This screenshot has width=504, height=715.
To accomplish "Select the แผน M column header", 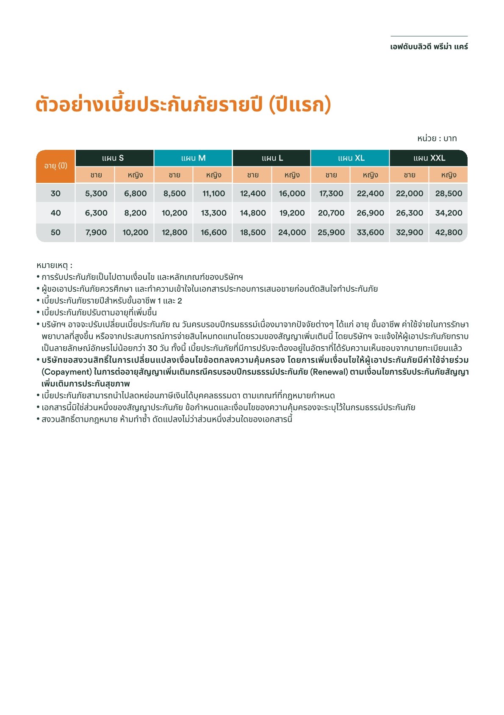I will point(193,158).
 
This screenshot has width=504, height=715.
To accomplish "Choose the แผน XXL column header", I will point(429,158).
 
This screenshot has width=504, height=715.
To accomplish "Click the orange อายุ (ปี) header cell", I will point(55,166).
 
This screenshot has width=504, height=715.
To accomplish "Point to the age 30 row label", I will point(55,193).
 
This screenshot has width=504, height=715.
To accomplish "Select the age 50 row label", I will point(55,232).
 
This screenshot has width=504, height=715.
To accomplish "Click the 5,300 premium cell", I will point(96,193).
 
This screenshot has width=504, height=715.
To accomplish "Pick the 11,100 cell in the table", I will point(213,193).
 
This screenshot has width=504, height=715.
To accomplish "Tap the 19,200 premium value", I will point(292,213).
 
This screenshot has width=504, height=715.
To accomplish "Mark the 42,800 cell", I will point(449,232).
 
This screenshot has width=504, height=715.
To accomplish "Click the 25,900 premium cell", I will point(331,232).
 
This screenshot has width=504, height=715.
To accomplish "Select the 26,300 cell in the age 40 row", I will point(410,213).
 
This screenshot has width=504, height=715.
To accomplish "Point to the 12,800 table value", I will point(174,232).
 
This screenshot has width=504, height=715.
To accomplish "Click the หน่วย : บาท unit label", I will point(437,138).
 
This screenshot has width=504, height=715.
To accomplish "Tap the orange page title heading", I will point(183,105).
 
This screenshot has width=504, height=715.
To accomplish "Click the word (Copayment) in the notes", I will point(66,372).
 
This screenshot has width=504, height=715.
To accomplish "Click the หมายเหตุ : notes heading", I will point(54,265).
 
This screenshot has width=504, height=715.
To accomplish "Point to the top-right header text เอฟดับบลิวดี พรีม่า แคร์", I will point(429,47).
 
